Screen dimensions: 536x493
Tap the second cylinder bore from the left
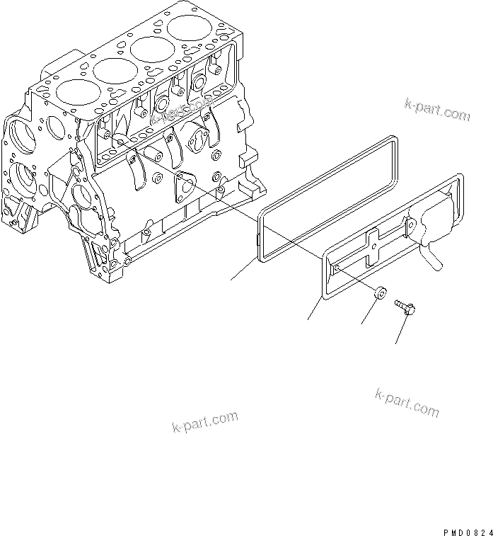[115, 71]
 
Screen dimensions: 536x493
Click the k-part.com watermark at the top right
[436, 108]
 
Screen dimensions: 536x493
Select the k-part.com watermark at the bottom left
[205, 422]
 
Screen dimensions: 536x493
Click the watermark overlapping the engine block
[182, 111]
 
